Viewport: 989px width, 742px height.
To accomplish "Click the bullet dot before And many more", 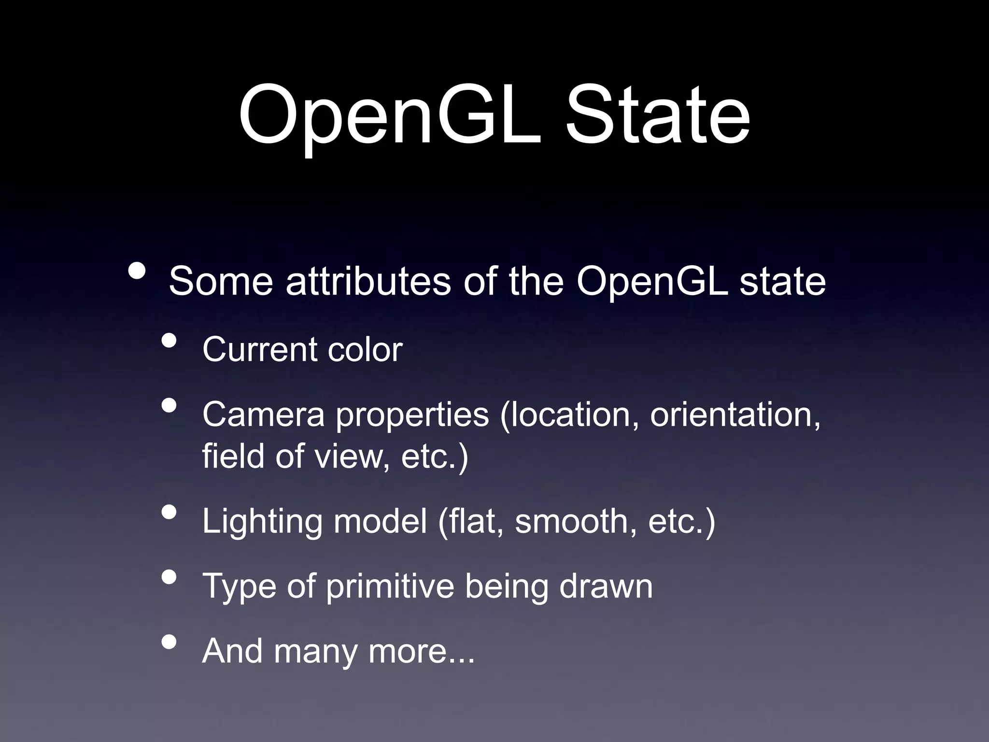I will (x=169, y=642).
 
